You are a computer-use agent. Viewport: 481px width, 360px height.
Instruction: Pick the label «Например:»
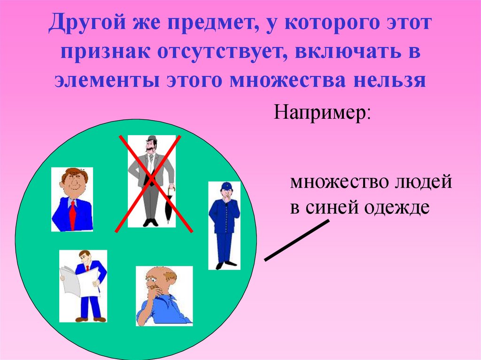pos(322,114)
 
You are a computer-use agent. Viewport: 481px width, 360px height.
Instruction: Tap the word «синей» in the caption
pos(328,207)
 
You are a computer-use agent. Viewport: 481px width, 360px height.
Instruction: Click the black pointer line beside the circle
pos(297,240)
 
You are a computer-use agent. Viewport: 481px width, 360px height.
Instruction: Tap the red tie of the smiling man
pos(72,214)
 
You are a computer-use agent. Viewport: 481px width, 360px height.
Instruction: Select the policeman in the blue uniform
pos(224,225)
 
